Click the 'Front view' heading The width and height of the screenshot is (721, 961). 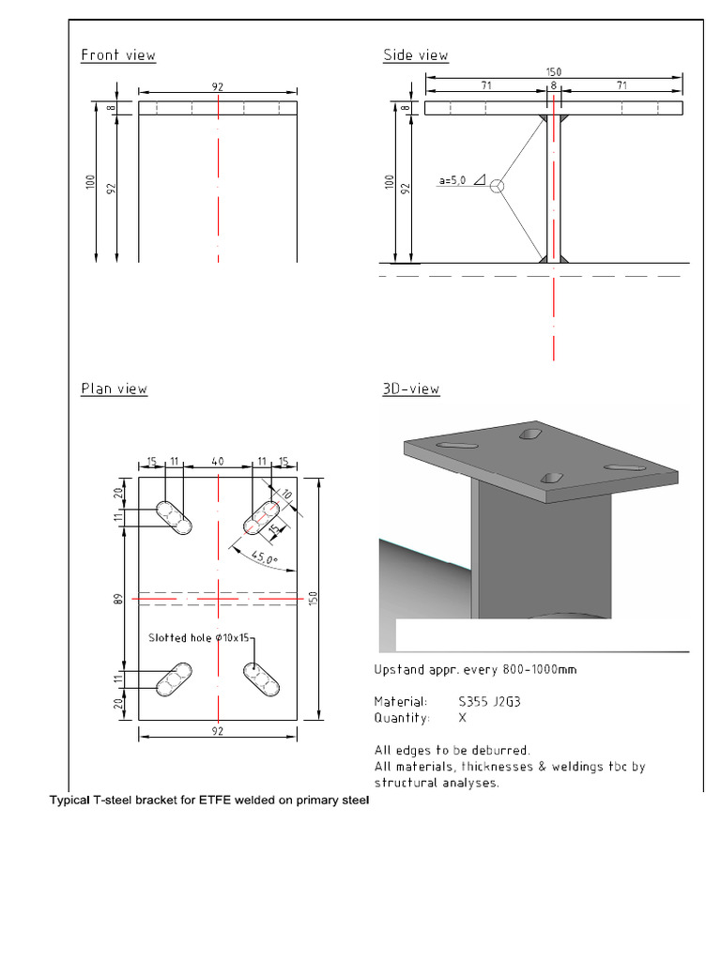(x=118, y=55)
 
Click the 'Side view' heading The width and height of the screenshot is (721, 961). (x=415, y=55)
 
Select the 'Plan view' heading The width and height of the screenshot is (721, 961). (x=114, y=389)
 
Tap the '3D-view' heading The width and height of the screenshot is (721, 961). (x=411, y=389)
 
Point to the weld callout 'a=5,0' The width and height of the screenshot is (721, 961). (x=453, y=180)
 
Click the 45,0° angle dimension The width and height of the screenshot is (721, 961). (x=266, y=561)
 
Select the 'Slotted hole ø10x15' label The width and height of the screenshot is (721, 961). (x=198, y=638)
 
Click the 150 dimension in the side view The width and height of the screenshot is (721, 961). (x=554, y=72)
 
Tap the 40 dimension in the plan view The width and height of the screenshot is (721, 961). (x=218, y=462)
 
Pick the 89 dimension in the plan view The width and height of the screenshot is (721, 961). (x=119, y=597)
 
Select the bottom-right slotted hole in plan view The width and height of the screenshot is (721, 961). (x=264, y=680)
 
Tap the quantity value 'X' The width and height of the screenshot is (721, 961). (x=461, y=718)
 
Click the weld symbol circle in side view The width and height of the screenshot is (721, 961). (x=498, y=186)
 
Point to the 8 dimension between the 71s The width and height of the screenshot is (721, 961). (x=554, y=85)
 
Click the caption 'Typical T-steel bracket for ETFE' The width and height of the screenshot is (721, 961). (x=209, y=801)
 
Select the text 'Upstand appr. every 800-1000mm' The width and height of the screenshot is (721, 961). (x=475, y=670)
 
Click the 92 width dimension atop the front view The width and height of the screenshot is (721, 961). (x=218, y=86)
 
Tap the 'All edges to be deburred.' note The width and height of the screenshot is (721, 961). (x=452, y=750)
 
